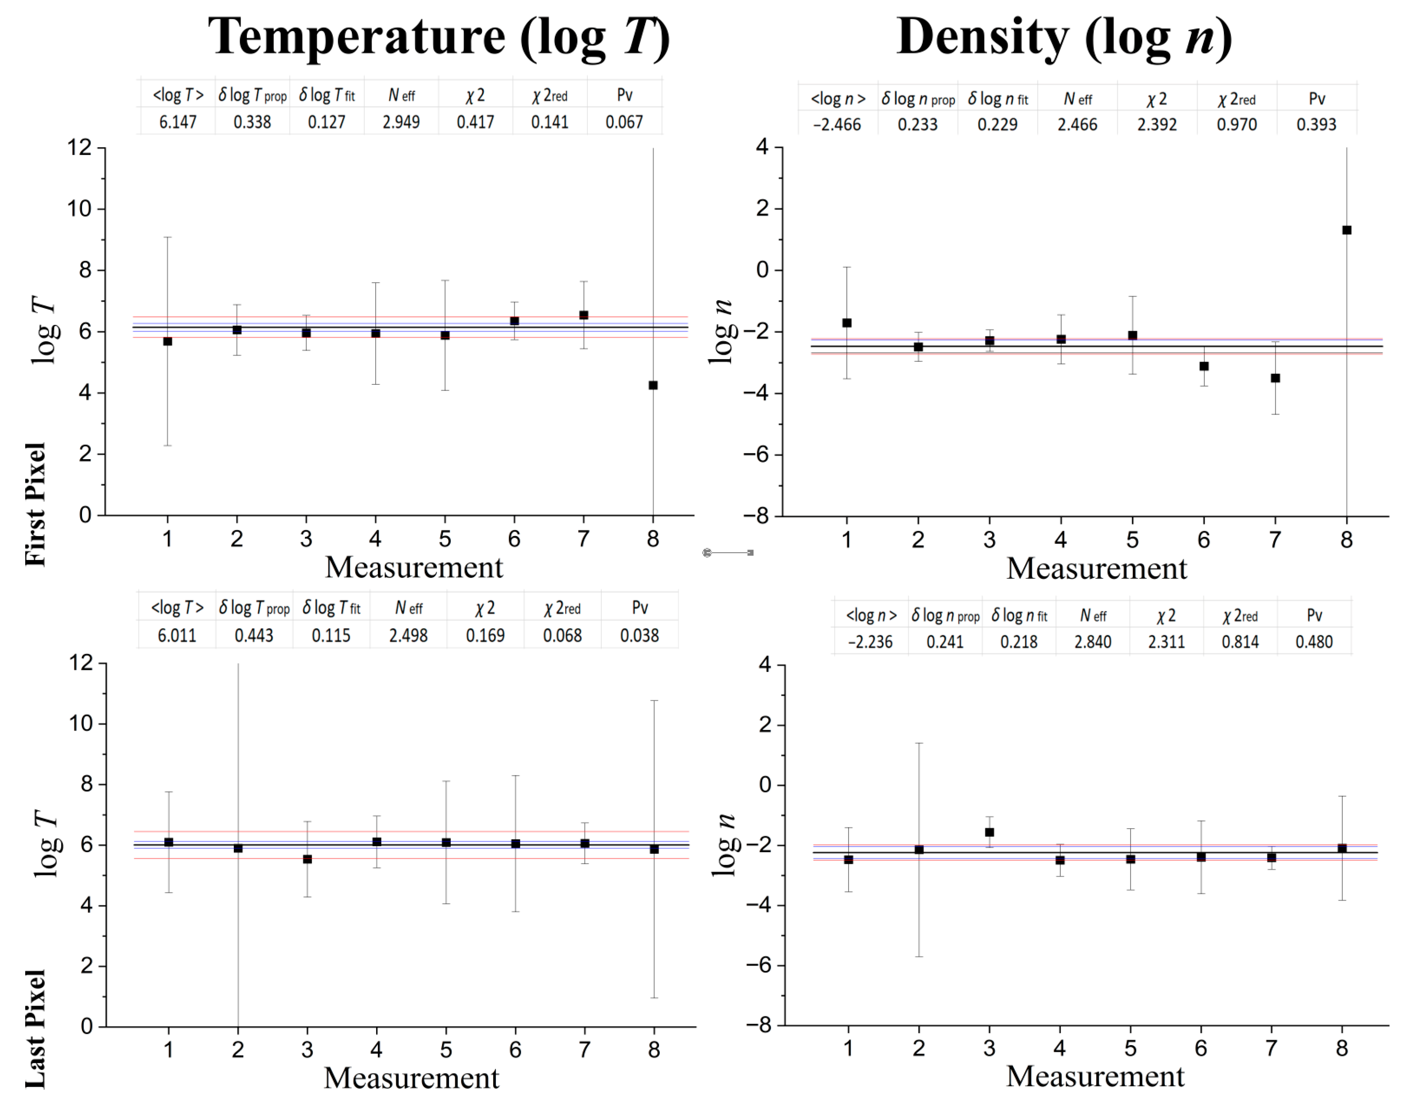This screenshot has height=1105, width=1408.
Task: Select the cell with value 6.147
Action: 177,122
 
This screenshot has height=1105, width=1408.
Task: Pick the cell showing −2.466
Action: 837,124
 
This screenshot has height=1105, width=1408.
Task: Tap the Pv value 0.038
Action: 639,635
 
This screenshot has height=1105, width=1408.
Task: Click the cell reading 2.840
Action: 1093,642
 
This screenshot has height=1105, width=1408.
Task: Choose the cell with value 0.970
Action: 1236,124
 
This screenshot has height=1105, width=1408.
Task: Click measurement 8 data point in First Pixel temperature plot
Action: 653,385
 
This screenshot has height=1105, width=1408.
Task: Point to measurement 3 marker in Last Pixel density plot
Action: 989,832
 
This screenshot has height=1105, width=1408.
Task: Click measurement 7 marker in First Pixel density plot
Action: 1275,378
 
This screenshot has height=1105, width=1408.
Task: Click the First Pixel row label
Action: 36,505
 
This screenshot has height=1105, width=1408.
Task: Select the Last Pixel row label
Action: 36,1028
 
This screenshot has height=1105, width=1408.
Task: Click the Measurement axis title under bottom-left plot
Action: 412,1078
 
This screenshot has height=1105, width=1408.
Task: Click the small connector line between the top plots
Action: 728,553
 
